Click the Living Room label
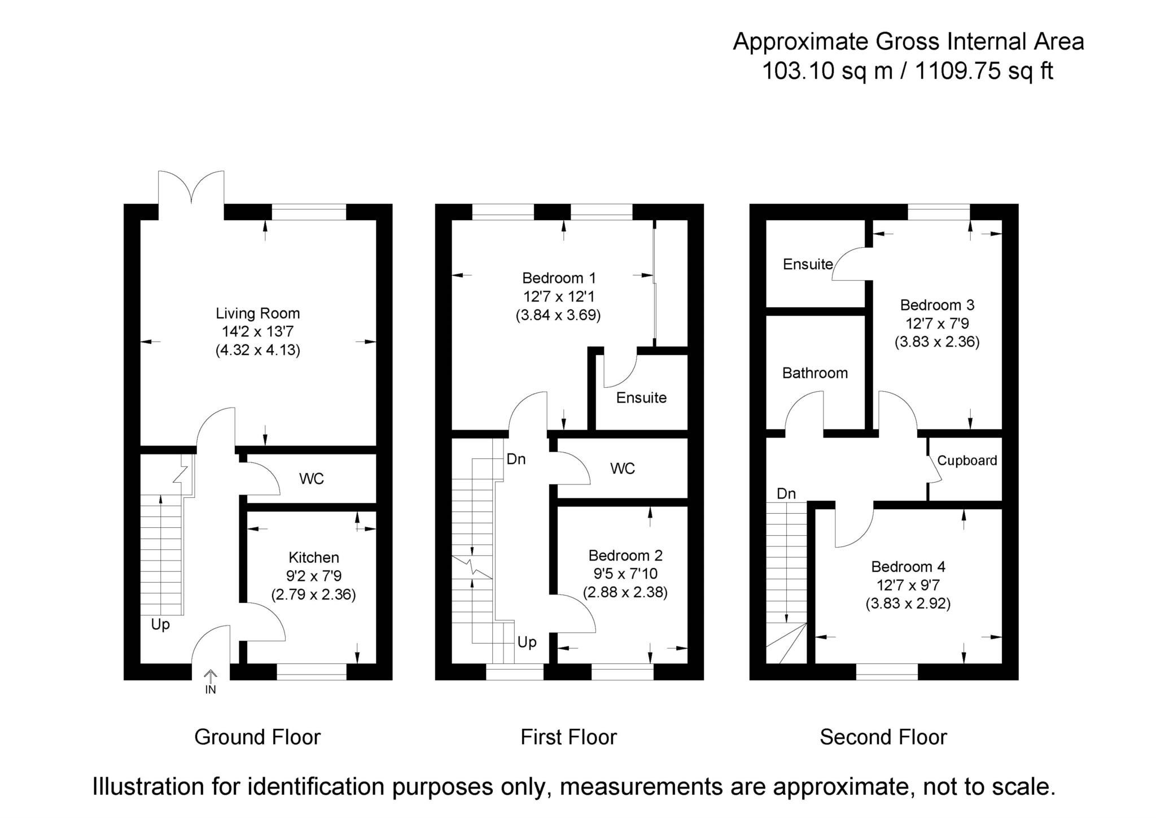tap(257, 313)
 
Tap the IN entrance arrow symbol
tap(210, 677)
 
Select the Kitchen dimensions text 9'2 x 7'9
tap(313, 576)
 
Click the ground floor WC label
tap(312, 479)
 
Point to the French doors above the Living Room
tap(191, 187)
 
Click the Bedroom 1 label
tap(559, 278)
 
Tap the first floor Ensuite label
tap(641, 397)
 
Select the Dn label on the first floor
tap(516, 459)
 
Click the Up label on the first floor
tap(527, 642)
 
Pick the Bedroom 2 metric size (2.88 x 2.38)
tap(625, 592)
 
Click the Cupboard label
tap(967, 460)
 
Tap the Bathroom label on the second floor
tap(815, 373)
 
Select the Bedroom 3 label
tap(937, 305)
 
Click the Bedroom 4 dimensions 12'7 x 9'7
tap(908, 585)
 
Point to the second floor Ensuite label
tap(808, 264)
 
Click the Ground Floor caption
tap(257, 737)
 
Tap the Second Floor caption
tap(883, 737)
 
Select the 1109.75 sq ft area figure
tap(983, 71)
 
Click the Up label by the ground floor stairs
tap(160, 624)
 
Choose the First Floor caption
tap(568, 737)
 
